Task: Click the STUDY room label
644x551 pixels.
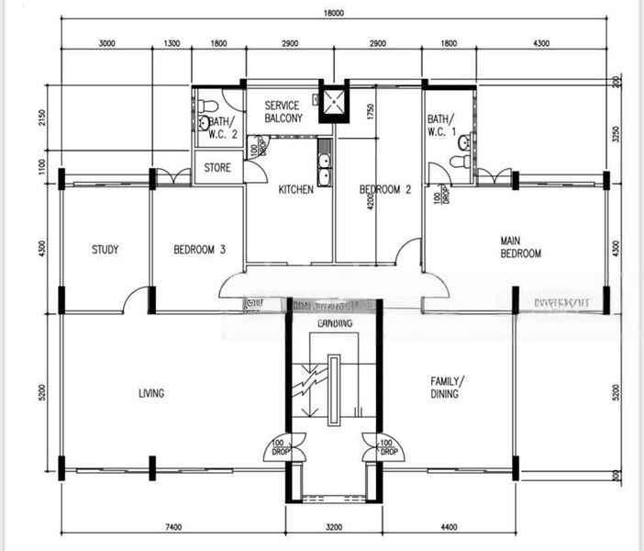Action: [105, 249]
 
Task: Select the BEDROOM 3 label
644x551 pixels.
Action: [199, 249]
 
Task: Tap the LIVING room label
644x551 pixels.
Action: [151, 393]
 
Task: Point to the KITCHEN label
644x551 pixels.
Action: [295, 189]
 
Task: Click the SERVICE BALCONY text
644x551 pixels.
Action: [283, 112]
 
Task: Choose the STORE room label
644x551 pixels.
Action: [217, 168]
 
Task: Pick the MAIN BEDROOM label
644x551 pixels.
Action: [519, 247]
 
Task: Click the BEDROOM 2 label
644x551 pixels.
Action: [384, 189]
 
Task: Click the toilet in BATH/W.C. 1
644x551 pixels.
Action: [463, 142]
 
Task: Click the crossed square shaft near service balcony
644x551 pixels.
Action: [333, 103]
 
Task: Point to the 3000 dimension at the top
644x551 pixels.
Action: [106, 43]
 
